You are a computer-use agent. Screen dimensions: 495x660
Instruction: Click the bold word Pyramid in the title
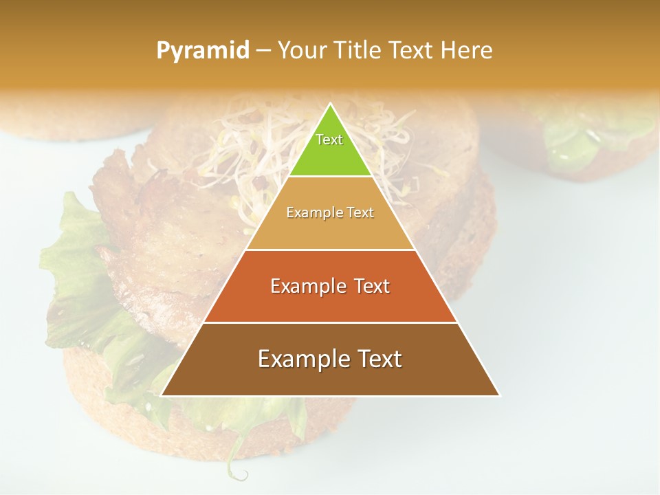pos(203,51)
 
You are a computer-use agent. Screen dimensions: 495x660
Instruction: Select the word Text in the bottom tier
pos(377,359)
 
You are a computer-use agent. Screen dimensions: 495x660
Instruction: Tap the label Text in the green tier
pos(329,140)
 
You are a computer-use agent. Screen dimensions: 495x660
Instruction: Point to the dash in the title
pos(263,51)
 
